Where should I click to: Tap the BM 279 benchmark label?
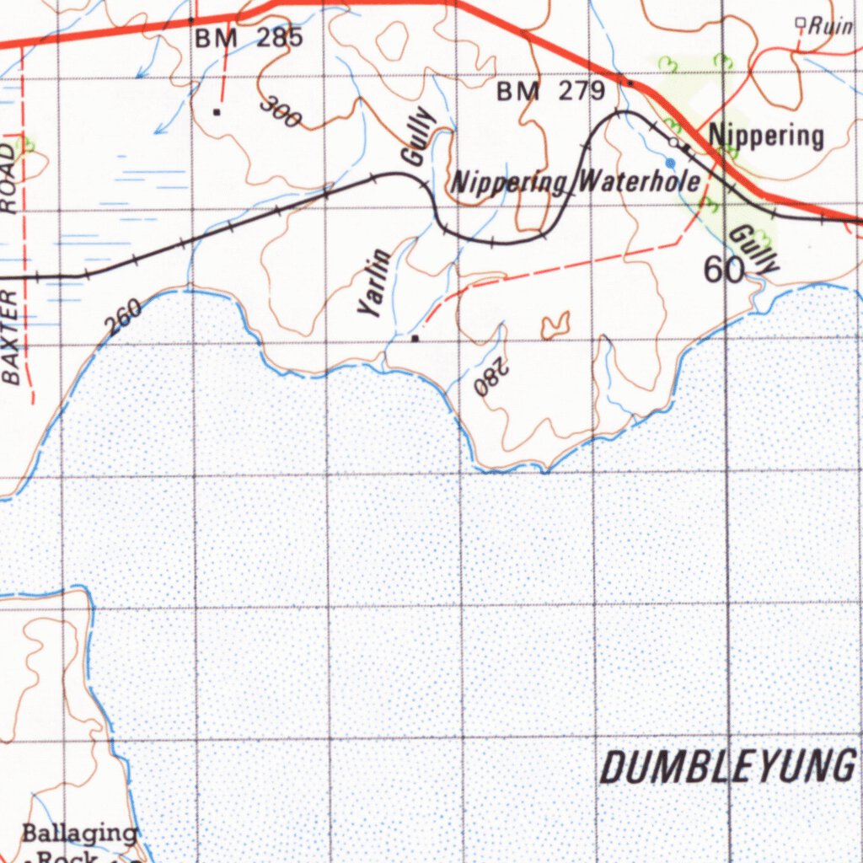[x=550, y=91]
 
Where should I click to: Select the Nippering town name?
[x=765, y=135]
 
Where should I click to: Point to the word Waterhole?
[x=640, y=181]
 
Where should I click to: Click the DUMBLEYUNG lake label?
[x=726, y=767]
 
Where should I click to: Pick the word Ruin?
[x=830, y=26]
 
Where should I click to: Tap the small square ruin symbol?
[x=801, y=23]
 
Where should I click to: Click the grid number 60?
[x=724, y=270]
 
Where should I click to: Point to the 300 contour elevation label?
[x=281, y=113]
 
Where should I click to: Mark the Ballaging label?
[x=79, y=834]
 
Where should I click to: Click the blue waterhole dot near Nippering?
[x=670, y=162]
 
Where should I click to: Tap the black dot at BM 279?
[x=630, y=83]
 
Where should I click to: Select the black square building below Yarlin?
[x=415, y=339]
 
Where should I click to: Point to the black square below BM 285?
[x=217, y=111]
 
